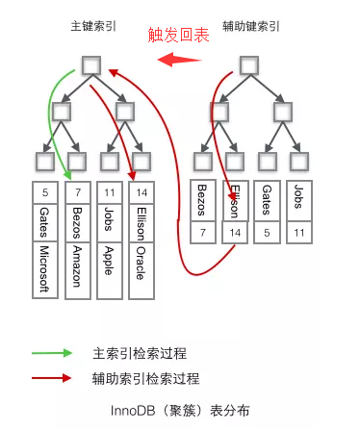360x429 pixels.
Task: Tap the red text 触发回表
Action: point(178,36)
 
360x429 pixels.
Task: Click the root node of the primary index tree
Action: point(91,65)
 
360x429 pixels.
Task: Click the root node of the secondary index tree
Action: point(247,65)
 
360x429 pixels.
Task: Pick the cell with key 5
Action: point(46,191)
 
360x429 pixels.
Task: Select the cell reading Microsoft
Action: point(46,269)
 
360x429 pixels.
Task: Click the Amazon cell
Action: point(78,269)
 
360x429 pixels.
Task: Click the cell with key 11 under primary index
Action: point(110,191)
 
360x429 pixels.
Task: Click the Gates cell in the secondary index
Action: point(267,202)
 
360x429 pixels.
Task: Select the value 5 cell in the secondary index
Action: point(267,233)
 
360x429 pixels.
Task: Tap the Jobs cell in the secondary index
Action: point(298,202)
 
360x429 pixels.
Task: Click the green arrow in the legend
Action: point(52,353)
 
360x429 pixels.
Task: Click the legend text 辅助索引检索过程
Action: point(145,378)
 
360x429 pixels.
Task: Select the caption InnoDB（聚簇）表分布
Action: point(180,410)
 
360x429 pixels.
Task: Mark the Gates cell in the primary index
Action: point(46,223)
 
